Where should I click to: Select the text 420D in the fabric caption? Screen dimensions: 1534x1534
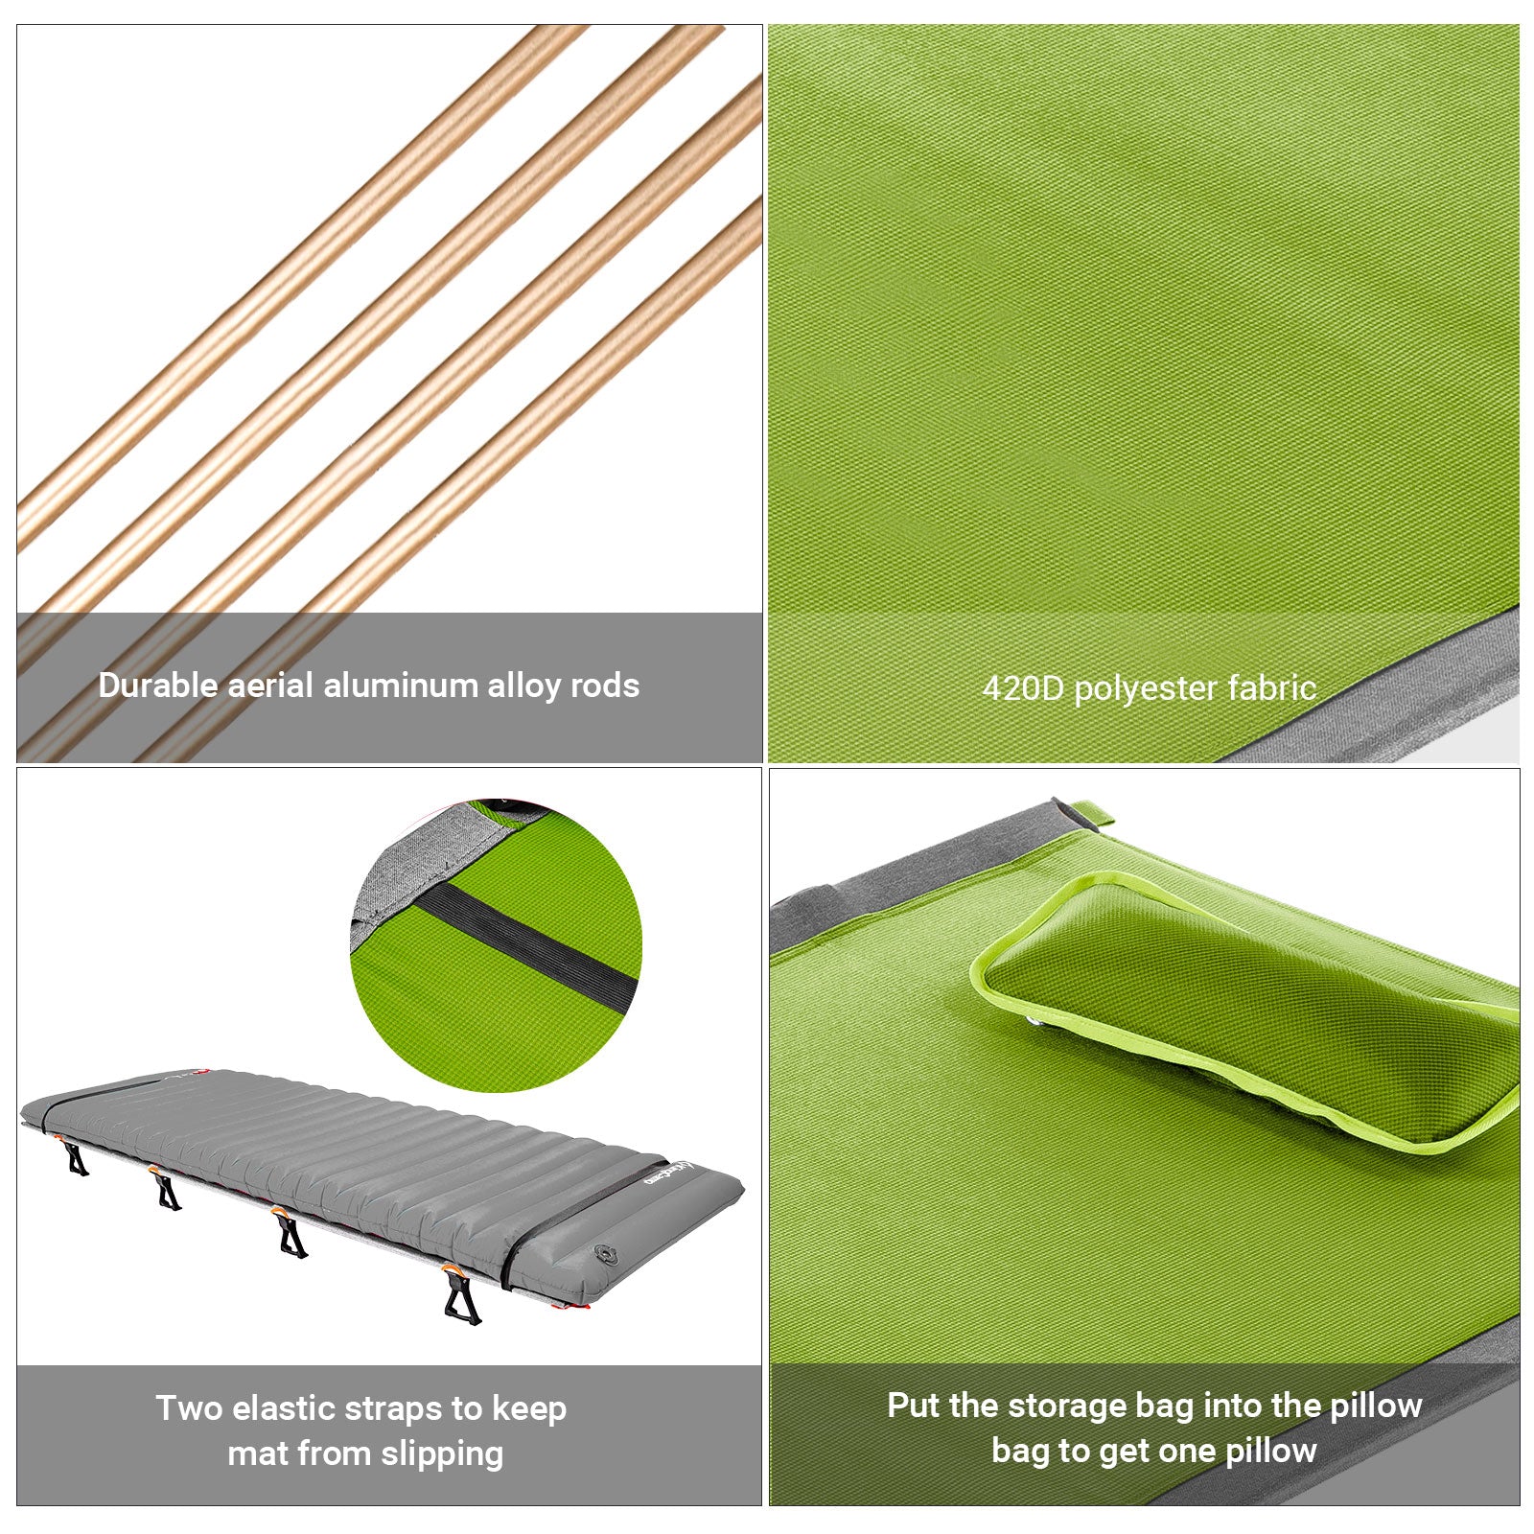(x=1022, y=688)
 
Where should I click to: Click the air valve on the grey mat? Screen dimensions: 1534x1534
(x=603, y=1253)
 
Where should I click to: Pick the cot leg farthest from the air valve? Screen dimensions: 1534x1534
(x=74, y=1156)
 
